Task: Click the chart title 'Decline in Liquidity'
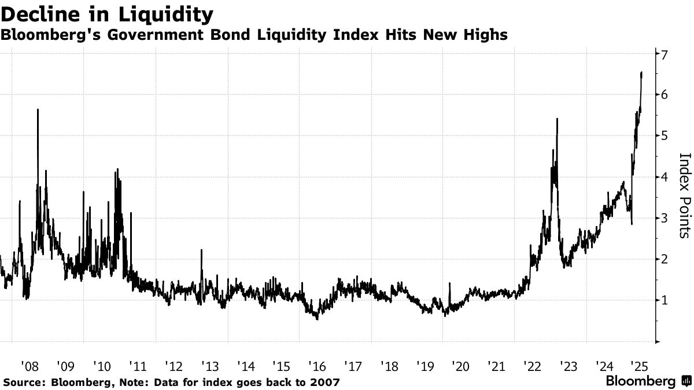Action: [x=106, y=13]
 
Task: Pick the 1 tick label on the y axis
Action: [x=665, y=300]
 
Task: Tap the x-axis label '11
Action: [x=137, y=366]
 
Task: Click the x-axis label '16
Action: [x=317, y=366]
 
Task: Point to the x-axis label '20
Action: [x=460, y=366]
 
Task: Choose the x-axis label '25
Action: [x=640, y=366]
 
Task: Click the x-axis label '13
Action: [x=209, y=366]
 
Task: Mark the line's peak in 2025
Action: [x=641, y=72]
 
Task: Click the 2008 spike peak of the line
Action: [x=38, y=109]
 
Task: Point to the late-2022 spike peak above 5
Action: [x=557, y=118]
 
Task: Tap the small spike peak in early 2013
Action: [x=201, y=250]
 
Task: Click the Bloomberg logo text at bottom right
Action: [x=640, y=382]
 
